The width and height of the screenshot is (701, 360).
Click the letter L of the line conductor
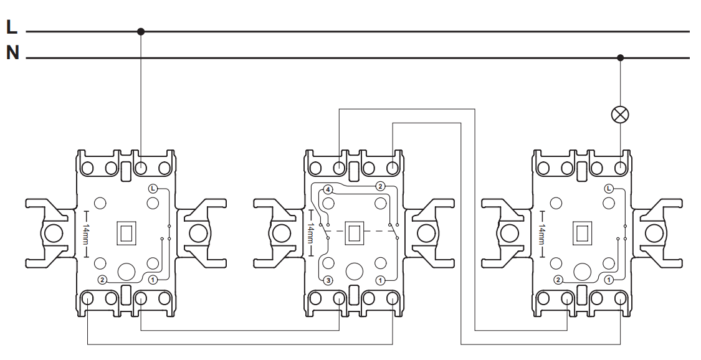pyautogui.click(x=12, y=27)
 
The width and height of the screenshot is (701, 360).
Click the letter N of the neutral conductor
pyautogui.click(x=13, y=53)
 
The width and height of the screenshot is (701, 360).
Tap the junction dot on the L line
pyautogui.click(x=141, y=32)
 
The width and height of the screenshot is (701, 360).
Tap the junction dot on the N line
pyautogui.click(x=620, y=58)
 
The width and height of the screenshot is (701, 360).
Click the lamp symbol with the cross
pyautogui.click(x=620, y=115)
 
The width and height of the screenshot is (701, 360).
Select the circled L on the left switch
pyautogui.click(x=153, y=189)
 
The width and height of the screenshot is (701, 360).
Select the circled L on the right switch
pyautogui.click(x=608, y=189)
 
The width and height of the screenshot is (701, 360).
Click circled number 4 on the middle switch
pyautogui.click(x=328, y=190)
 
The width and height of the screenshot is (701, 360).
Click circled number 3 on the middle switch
pyautogui.click(x=328, y=281)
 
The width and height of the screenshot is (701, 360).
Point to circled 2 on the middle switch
pyautogui.click(x=380, y=186)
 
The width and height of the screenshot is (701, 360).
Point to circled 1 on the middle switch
pyautogui.click(x=381, y=281)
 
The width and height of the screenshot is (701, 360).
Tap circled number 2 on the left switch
pyautogui.click(x=102, y=280)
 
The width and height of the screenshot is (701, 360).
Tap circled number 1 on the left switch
pyautogui.click(x=153, y=280)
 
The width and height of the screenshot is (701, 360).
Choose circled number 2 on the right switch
pyautogui.click(x=558, y=280)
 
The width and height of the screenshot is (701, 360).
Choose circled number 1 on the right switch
pyautogui.click(x=608, y=280)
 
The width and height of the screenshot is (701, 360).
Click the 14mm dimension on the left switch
pyautogui.click(x=86, y=234)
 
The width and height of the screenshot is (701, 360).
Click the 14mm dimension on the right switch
pyautogui.click(x=541, y=234)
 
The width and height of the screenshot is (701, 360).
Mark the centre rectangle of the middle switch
pyautogui.click(x=355, y=234)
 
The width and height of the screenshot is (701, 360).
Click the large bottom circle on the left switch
pyautogui.click(x=126, y=272)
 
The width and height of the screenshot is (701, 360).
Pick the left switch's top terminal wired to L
pyautogui.click(x=141, y=168)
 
